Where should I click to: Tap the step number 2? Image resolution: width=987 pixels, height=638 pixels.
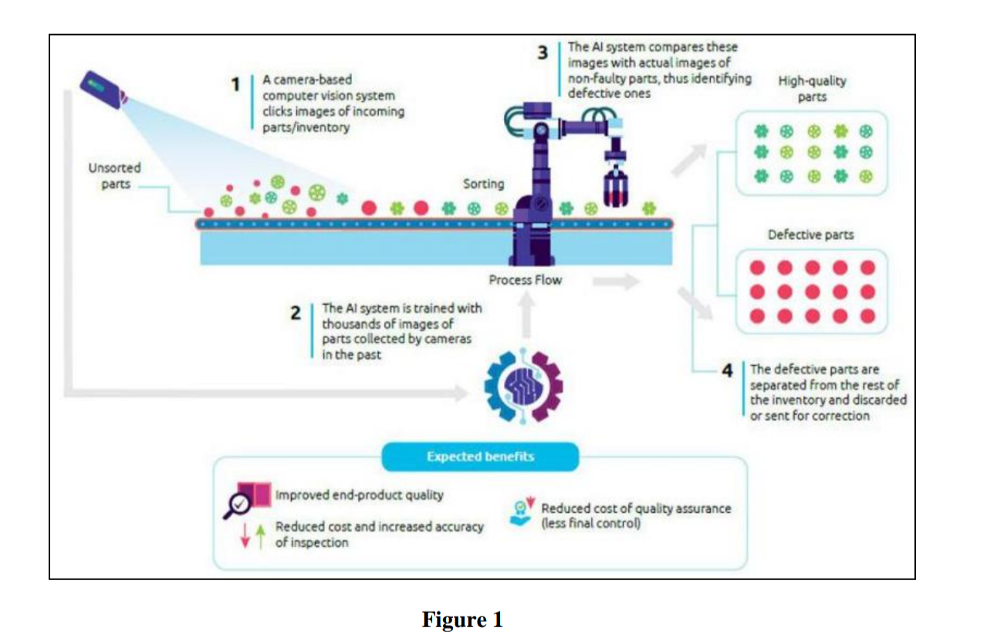(x=296, y=314)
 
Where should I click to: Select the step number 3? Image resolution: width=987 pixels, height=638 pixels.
(x=543, y=53)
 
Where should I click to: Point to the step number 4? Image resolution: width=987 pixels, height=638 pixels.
(x=727, y=371)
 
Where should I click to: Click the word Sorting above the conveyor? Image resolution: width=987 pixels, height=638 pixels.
(x=483, y=184)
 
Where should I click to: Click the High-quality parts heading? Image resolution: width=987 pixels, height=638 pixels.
(x=813, y=89)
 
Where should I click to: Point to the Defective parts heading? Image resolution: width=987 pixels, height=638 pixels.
(x=810, y=235)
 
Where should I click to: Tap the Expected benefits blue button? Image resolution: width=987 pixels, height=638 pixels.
(x=480, y=457)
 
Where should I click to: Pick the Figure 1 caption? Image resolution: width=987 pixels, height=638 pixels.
(x=462, y=619)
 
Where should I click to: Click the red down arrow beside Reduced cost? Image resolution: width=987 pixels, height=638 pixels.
(x=245, y=535)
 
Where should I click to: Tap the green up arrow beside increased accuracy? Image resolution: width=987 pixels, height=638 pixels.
(x=261, y=535)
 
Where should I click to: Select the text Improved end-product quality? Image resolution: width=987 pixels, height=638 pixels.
(x=359, y=495)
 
